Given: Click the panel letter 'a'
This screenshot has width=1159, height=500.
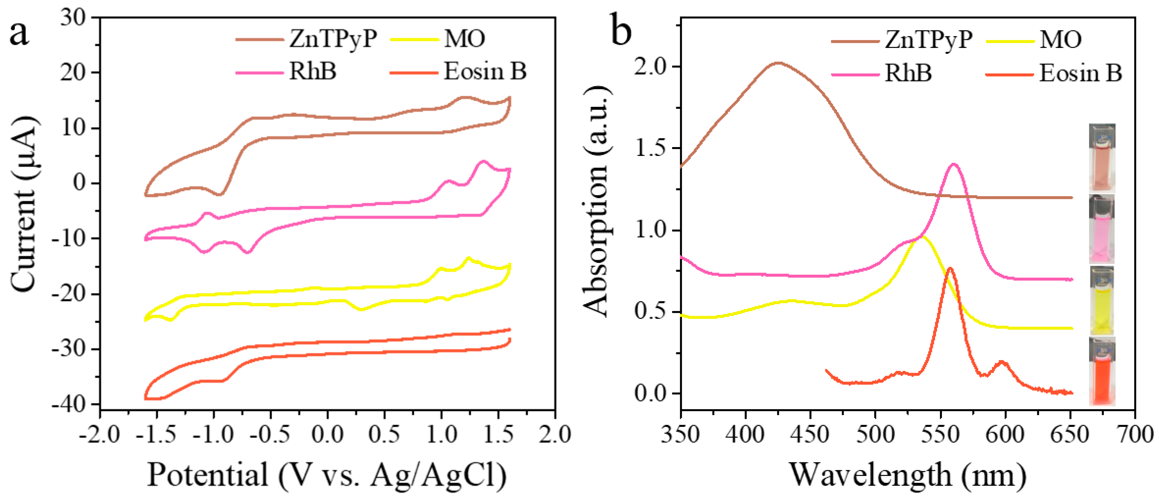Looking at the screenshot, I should point(19,34).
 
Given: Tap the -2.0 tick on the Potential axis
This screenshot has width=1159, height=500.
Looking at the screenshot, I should point(100,435).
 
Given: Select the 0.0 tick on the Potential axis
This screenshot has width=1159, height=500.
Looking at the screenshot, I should point(327,435).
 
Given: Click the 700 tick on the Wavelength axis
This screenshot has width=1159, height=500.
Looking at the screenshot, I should point(1134,435).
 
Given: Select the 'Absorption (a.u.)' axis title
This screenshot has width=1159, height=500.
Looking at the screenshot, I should point(596,202).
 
